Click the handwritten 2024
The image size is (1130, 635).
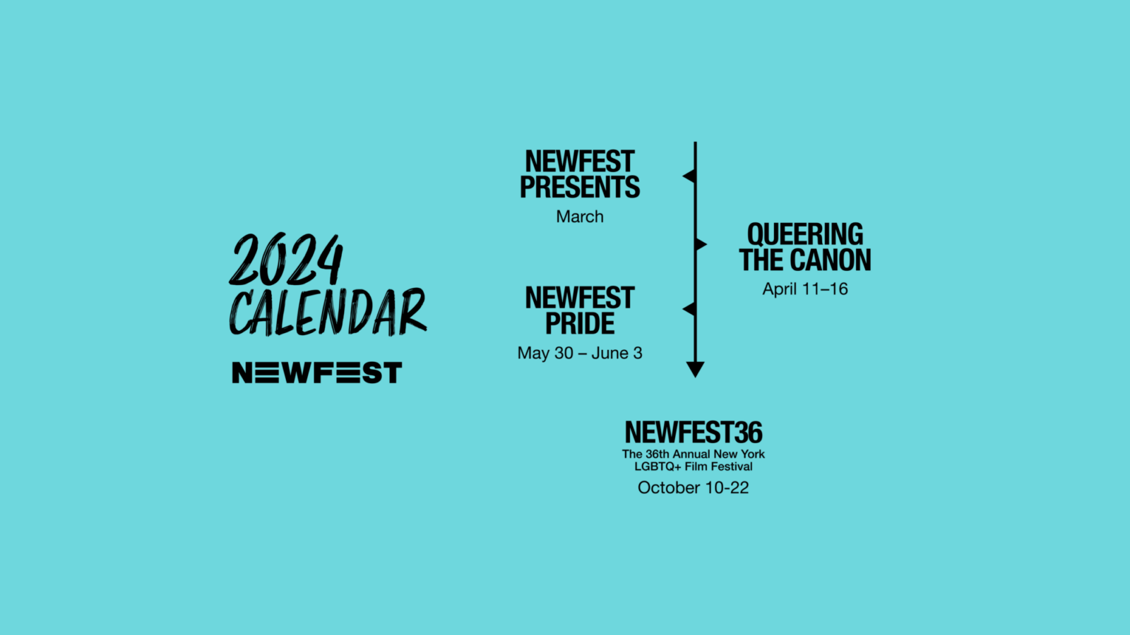286,259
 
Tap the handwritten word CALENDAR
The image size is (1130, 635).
328,312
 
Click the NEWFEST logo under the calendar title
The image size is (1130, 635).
317,373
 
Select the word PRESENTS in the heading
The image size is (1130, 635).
580,187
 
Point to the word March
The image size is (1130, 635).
580,217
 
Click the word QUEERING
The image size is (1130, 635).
804,234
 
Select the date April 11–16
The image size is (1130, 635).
804,289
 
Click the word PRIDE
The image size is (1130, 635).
580,323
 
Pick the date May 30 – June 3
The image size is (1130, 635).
580,353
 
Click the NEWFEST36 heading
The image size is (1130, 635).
694,433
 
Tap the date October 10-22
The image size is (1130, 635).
693,488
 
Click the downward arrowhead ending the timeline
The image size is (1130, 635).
695,369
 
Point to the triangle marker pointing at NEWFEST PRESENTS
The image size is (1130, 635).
689,176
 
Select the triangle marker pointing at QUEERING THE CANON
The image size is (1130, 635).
701,244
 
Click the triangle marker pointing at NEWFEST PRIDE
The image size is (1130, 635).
689,309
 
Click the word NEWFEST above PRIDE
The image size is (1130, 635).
580,298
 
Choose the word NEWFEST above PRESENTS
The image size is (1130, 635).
580,162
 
